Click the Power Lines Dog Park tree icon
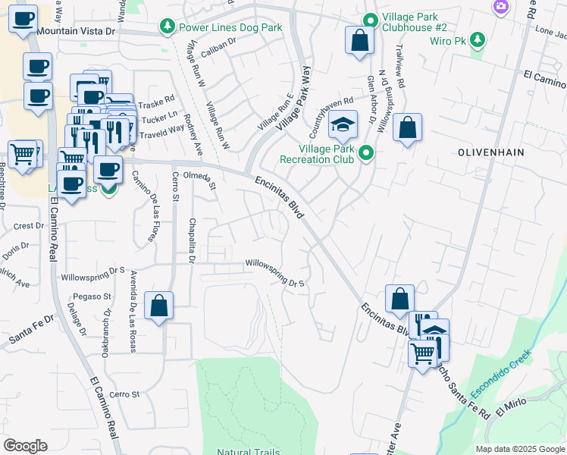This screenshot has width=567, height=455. click(x=167, y=27)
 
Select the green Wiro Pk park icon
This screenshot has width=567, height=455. click(x=477, y=39)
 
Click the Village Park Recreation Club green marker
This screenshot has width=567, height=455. click(x=366, y=154)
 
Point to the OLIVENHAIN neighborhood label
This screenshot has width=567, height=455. click(x=493, y=152)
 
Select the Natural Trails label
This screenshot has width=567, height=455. click(x=247, y=452)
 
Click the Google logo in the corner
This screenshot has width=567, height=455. click(x=25, y=446)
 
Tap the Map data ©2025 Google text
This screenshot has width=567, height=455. click(x=520, y=449)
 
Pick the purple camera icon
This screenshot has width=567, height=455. click(x=500, y=7)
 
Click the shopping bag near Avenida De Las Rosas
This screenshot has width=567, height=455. click(x=158, y=306)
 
